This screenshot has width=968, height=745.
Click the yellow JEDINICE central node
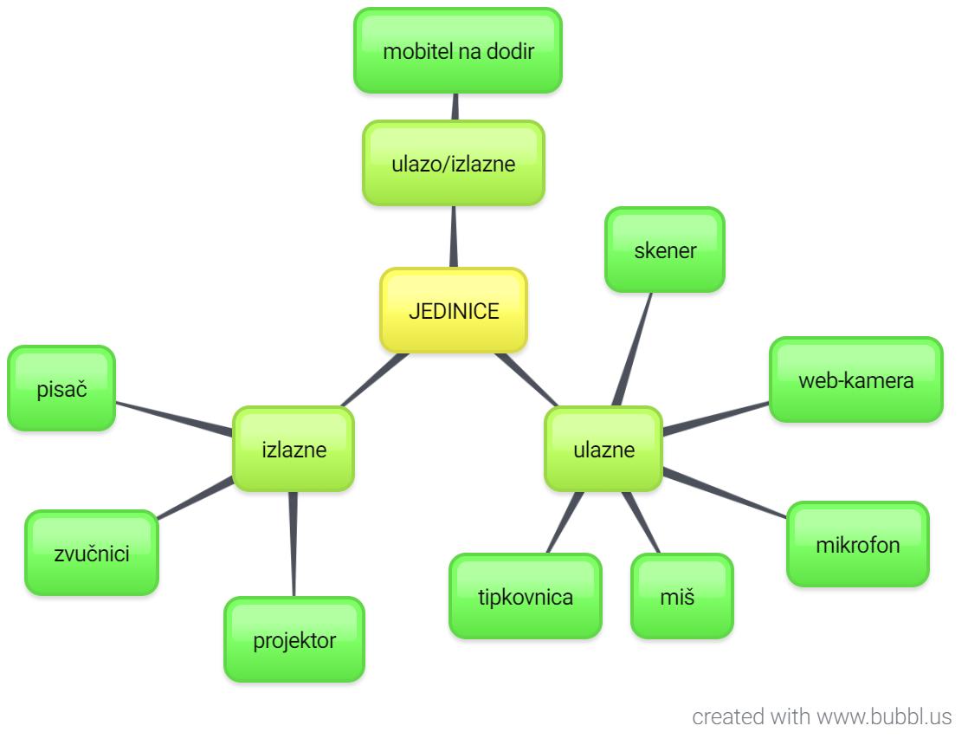click(x=453, y=311)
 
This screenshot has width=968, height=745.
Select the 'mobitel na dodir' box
click(x=458, y=50)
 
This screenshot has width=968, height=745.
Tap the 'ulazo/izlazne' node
click(x=453, y=163)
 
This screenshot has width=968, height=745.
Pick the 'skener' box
click(x=664, y=250)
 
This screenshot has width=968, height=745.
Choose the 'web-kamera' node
click(x=855, y=379)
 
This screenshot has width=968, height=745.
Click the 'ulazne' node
click(x=603, y=450)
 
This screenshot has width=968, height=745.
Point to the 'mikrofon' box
click(x=857, y=544)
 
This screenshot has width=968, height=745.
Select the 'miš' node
click(x=681, y=596)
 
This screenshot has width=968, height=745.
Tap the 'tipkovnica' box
click(x=525, y=596)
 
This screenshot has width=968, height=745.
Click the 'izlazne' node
click(x=294, y=450)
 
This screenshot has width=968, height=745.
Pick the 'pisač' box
click(x=61, y=389)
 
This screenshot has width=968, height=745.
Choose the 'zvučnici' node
click(x=92, y=553)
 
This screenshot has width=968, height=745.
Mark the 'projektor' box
click(x=294, y=640)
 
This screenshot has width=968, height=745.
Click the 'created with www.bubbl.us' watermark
click(x=821, y=717)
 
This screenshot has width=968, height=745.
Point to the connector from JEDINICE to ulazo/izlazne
click(x=453, y=236)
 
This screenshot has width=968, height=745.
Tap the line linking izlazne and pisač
click(x=174, y=417)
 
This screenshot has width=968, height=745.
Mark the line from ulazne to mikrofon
click(x=726, y=494)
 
